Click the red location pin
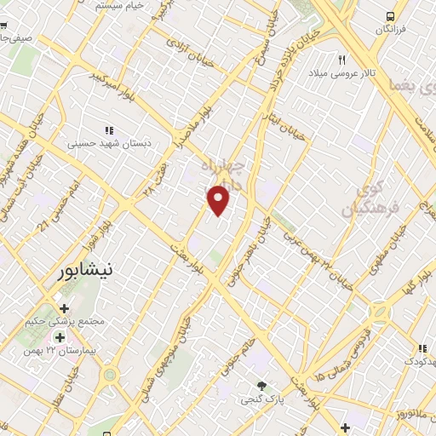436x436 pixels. coord(220,201)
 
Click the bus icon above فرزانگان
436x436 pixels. coord(390,16)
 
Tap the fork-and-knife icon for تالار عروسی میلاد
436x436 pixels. coord(342,60)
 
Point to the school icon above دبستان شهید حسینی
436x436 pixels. coord(108,129)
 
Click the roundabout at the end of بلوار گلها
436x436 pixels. coord(376,313)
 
